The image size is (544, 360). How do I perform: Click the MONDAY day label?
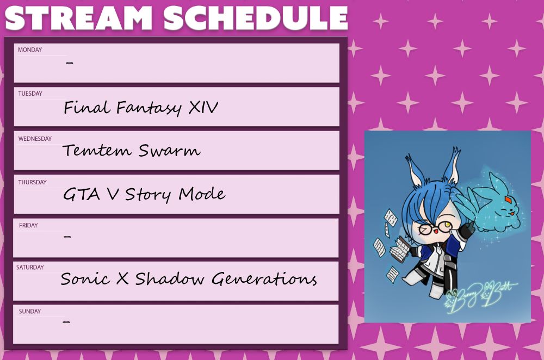(x=30, y=50)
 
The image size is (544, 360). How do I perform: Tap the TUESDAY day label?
(x=30, y=94)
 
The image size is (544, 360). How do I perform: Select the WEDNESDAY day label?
(x=35, y=139)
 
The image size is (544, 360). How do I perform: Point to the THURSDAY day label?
(x=32, y=182)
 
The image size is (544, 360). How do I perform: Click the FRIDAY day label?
(x=28, y=226)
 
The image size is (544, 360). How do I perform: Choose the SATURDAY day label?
(x=30, y=268)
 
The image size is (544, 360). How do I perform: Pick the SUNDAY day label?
(x=30, y=312)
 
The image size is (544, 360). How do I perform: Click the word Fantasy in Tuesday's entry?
(x=149, y=108)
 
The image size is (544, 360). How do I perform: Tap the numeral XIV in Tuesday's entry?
(x=203, y=107)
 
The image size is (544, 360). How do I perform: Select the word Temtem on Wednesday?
(x=97, y=151)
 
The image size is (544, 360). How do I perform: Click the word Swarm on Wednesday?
(x=170, y=151)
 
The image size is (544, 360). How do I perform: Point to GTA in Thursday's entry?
(x=82, y=194)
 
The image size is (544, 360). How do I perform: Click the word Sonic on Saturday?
(x=85, y=279)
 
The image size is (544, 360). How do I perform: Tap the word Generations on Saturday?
(x=264, y=279)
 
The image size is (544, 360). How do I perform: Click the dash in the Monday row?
(x=70, y=63)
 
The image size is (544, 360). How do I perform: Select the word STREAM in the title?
(x=78, y=18)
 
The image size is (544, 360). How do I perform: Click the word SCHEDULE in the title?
(x=255, y=18)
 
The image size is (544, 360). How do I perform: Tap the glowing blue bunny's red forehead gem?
(x=508, y=200)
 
